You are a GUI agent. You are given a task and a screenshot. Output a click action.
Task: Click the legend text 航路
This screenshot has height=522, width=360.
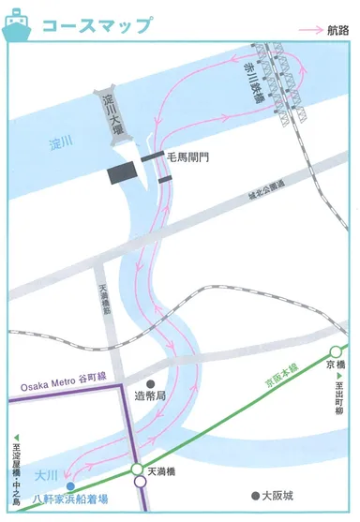(x=339, y=31)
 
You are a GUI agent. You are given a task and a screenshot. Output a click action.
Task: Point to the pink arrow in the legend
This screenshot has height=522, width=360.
(x=311, y=31)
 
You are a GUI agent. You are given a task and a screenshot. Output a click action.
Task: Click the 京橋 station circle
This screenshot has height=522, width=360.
(x=336, y=351)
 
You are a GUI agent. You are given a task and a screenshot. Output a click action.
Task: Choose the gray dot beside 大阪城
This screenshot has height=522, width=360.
(x=253, y=495)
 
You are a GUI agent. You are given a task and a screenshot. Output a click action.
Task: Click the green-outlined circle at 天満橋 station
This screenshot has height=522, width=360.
(x=138, y=470)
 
